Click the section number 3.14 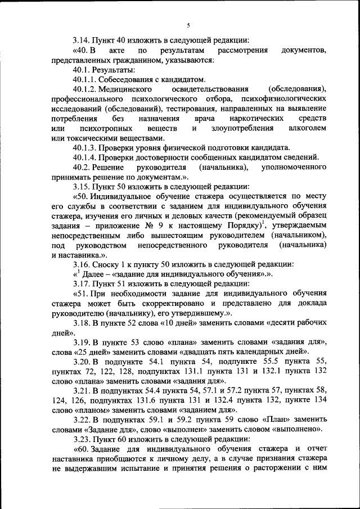click(x=82, y=40)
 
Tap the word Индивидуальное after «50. click(x=127, y=197)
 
